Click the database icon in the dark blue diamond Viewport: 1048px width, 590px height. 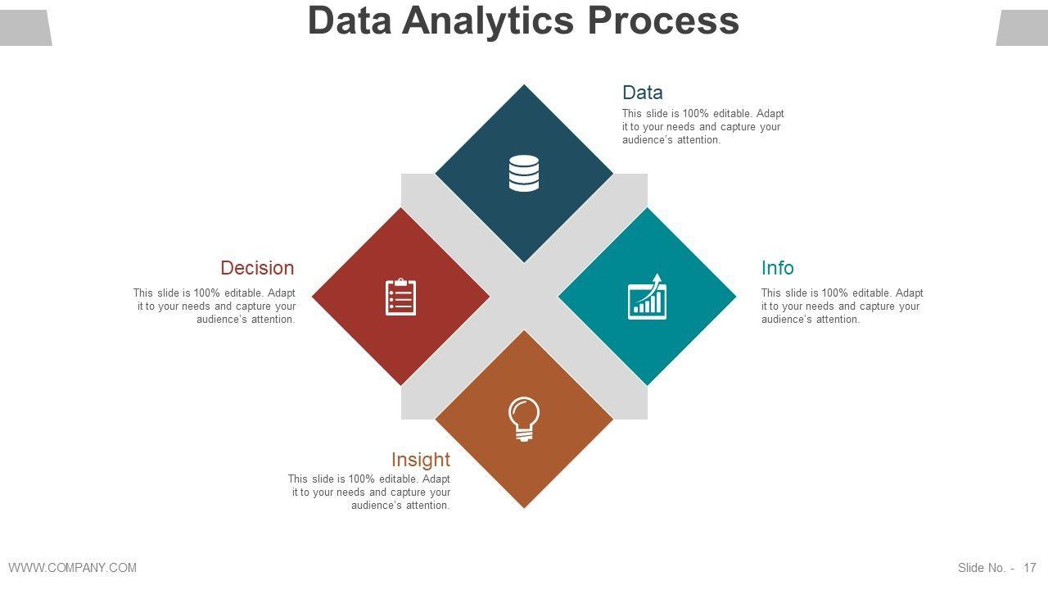tap(524, 173)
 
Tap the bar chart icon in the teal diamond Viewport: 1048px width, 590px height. tap(647, 297)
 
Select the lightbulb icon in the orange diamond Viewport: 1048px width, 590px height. tap(524, 419)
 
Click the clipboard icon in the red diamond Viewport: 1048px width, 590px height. tap(401, 297)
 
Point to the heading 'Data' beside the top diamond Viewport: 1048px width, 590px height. tap(642, 93)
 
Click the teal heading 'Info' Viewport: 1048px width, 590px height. tap(777, 268)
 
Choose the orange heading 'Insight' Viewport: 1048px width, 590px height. tap(420, 460)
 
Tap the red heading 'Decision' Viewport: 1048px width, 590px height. tap(257, 268)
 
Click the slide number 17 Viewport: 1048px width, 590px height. tap(1030, 568)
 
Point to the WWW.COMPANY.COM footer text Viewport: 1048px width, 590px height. tap(73, 568)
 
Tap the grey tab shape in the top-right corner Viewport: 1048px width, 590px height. tap(1022, 28)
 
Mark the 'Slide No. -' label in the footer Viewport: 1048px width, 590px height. tap(986, 568)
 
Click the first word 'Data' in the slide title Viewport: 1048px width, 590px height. tap(350, 20)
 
